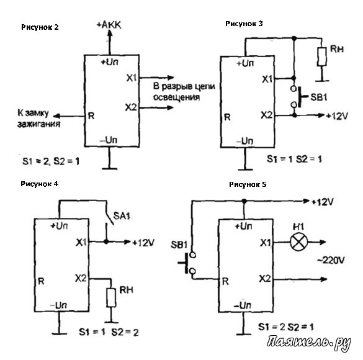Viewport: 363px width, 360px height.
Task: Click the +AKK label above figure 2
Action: (x=109, y=25)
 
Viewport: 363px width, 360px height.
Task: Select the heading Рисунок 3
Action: (x=244, y=24)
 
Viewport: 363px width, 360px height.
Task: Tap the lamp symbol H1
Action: (x=299, y=242)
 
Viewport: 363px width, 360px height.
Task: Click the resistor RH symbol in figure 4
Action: (x=111, y=298)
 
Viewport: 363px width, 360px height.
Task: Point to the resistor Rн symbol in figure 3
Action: (x=322, y=56)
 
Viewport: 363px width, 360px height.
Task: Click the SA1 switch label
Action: (x=122, y=216)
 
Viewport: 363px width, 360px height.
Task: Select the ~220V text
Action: (x=331, y=261)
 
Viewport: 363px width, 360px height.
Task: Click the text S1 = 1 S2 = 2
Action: (x=109, y=332)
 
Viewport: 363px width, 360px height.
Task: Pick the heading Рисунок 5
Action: (x=248, y=184)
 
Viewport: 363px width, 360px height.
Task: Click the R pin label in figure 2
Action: (x=91, y=115)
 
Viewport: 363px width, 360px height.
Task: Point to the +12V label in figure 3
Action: (x=337, y=115)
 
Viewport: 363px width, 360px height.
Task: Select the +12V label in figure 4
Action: (x=143, y=243)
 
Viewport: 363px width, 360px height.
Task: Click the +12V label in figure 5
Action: (x=322, y=202)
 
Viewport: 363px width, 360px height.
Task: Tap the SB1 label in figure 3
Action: (x=319, y=97)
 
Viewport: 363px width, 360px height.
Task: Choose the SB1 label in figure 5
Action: (x=179, y=245)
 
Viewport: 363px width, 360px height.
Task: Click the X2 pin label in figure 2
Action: (x=131, y=107)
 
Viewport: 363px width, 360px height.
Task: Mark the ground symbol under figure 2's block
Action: (x=110, y=169)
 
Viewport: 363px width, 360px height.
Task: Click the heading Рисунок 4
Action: (x=39, y=184)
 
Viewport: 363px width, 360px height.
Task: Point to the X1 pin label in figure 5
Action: (x=266, y=243)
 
